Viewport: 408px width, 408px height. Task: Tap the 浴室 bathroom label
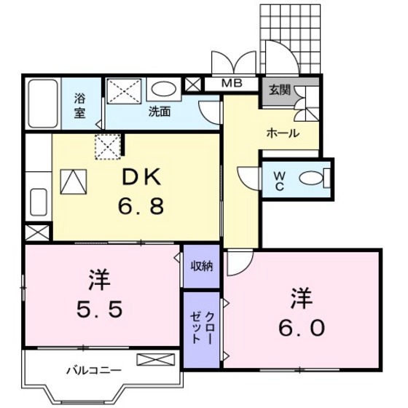pos(79,105)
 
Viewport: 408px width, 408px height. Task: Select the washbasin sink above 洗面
pos(164,90)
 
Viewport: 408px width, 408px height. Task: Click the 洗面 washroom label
pos(160,112)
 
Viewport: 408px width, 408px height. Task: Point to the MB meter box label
pos(232,85)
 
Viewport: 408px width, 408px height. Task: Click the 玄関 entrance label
pos(278,91)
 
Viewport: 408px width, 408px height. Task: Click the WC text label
pos(279,178)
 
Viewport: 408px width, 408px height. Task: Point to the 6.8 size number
pos(143,206)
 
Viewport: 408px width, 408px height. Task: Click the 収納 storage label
pos(202,266)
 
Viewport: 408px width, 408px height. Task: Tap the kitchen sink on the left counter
pos(39,202)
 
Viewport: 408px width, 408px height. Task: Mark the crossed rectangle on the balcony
pos(156,358)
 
